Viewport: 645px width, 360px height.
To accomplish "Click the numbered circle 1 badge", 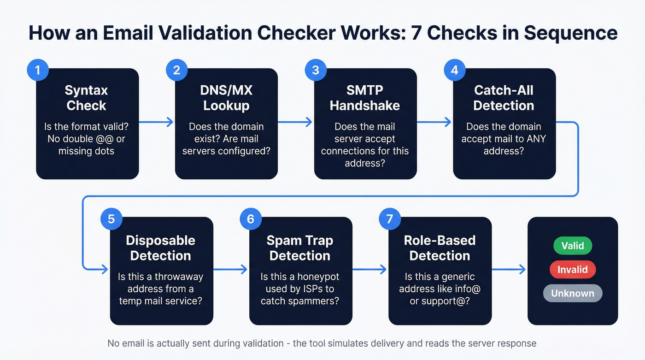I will pyautogui.click(x=37, y=70).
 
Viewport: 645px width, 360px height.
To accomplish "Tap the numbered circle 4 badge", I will pyautogui.click(x=454, y=70).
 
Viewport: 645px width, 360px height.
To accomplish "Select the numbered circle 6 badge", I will pyautogui.click(x=250, y=218).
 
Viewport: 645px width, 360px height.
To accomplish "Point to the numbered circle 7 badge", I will pyautogui.click(x=389, y=218).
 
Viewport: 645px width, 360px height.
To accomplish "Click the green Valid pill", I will pyautogui.click(x=573, y=246).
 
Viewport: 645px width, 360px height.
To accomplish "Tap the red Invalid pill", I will pyautogui.click(x=573, y=270).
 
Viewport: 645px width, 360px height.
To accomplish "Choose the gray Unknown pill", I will pyautogui.click(x=573, y=293).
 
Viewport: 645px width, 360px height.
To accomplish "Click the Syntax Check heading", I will pyautogui.click(x=87, y=98).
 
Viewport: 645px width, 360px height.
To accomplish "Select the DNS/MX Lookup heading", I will pyautogui.click(x=226, y=98).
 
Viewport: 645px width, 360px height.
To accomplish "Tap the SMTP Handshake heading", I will pyautogui.click(x=365, y=98).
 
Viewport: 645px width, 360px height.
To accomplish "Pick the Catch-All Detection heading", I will pyautogui.click(x=504, y=98).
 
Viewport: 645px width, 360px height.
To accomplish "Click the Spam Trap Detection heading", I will pyautogui.click(x=300, y=248).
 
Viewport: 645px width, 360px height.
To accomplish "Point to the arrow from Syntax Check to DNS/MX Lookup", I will pyautogui.click(x=157, y=122).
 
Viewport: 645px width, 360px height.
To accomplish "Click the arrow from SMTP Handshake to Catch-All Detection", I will pyautogui.click(x=434, y=122).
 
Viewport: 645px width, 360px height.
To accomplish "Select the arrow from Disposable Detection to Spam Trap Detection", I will pyautogui.click(x=231, y=270).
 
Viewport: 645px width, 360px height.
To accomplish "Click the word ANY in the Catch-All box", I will pyautogui.click(x=534, y=139).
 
